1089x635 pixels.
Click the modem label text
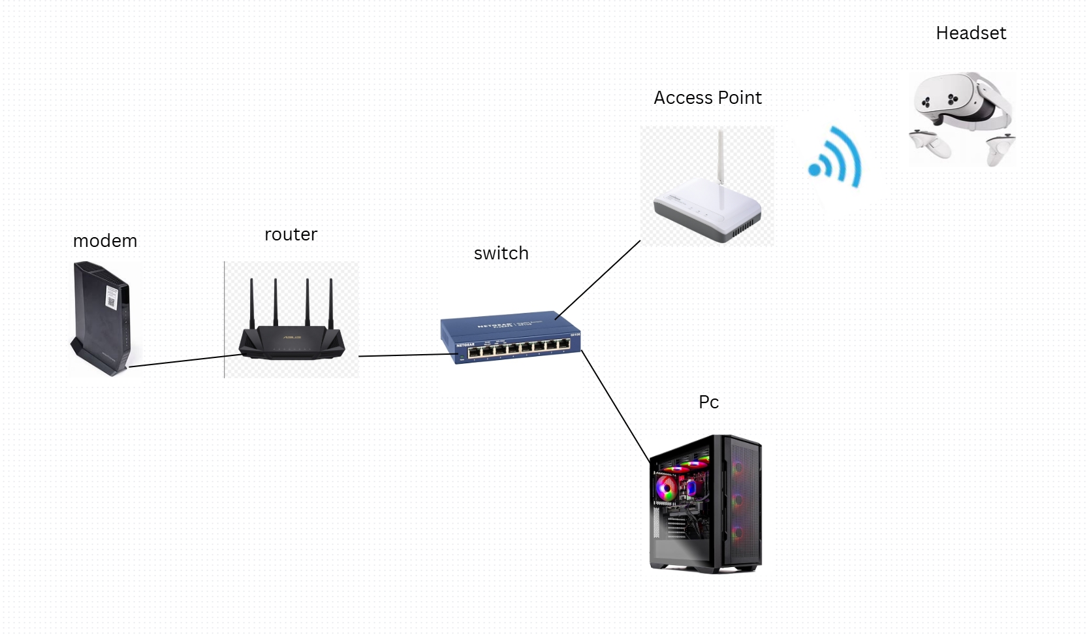tap(105, 241)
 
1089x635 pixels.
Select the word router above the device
tap(291, 235)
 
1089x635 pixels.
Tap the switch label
tap(501, 253)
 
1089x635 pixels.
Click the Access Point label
tap(708, 98)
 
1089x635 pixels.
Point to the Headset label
tap(971, 33)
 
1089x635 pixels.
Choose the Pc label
tap(708, 402)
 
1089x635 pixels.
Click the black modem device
tap(101, 319)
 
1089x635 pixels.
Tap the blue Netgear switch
tap(511, 336)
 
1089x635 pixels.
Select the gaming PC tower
tap(706, 504)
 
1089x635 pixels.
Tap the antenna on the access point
tap(721, 157)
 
